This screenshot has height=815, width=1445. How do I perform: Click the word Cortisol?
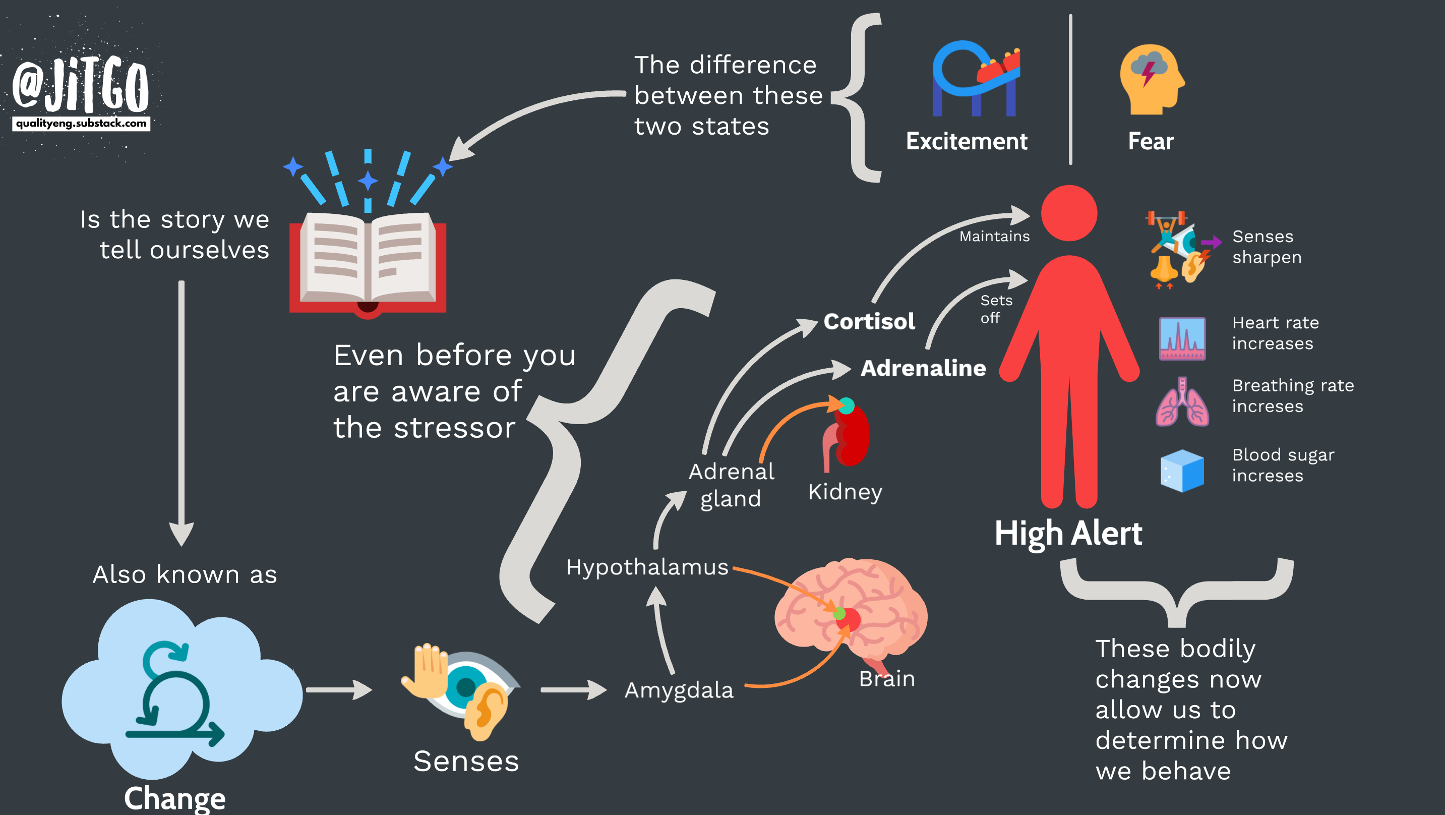(869, 322)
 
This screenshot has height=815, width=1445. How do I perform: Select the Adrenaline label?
(923, 368)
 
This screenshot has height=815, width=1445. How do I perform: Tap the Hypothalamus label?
(647, 567)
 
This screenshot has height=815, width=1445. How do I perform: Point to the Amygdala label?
(679, 690)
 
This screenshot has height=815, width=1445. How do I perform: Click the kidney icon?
(847, 435)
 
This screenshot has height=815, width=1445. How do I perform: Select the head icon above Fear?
(1151, 79)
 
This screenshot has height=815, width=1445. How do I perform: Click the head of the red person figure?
(1068, 213)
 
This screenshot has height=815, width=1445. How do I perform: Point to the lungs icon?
(1182, 402)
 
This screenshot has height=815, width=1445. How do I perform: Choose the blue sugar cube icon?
(1182, 471)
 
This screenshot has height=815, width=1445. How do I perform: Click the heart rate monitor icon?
(1182, 338)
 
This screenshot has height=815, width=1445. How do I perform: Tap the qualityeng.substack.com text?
(81, 124)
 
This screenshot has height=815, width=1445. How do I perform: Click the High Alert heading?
(1068, 533)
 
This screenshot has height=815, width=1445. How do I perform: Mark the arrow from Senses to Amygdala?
(573, 690)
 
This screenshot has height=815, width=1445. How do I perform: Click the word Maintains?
(994, 237)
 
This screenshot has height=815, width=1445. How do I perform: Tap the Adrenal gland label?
(731, 485)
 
